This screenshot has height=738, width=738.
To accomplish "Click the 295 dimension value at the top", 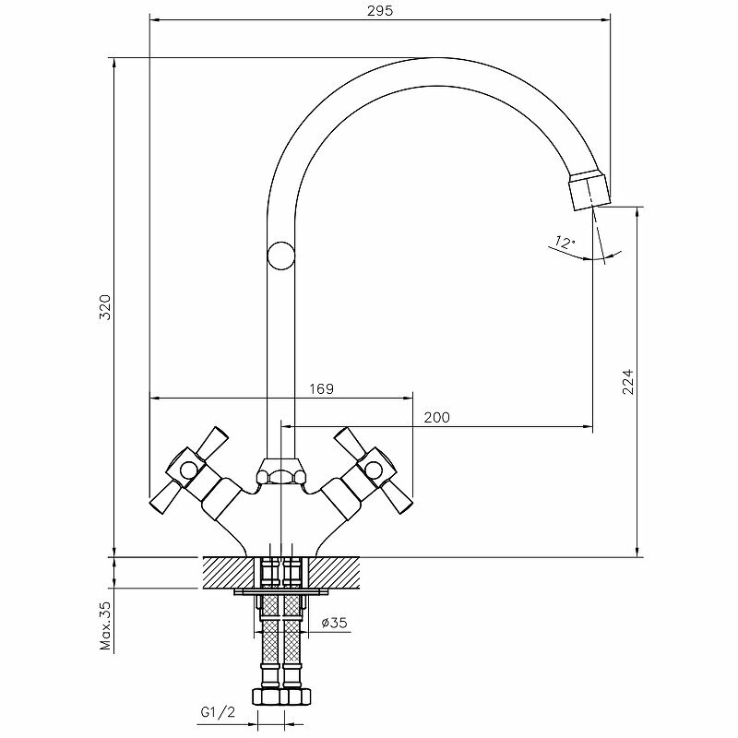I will click(x=380, y=11).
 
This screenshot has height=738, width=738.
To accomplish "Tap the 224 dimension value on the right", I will click(x=629, y=381).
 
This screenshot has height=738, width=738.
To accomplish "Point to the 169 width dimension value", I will click(x=321, y=389).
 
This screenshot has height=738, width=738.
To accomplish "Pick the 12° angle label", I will click(x=563, y=243).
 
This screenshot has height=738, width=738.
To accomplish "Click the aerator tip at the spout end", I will click(x=589, y=187).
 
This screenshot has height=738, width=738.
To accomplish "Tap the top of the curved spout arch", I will click(x=434, y=72).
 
